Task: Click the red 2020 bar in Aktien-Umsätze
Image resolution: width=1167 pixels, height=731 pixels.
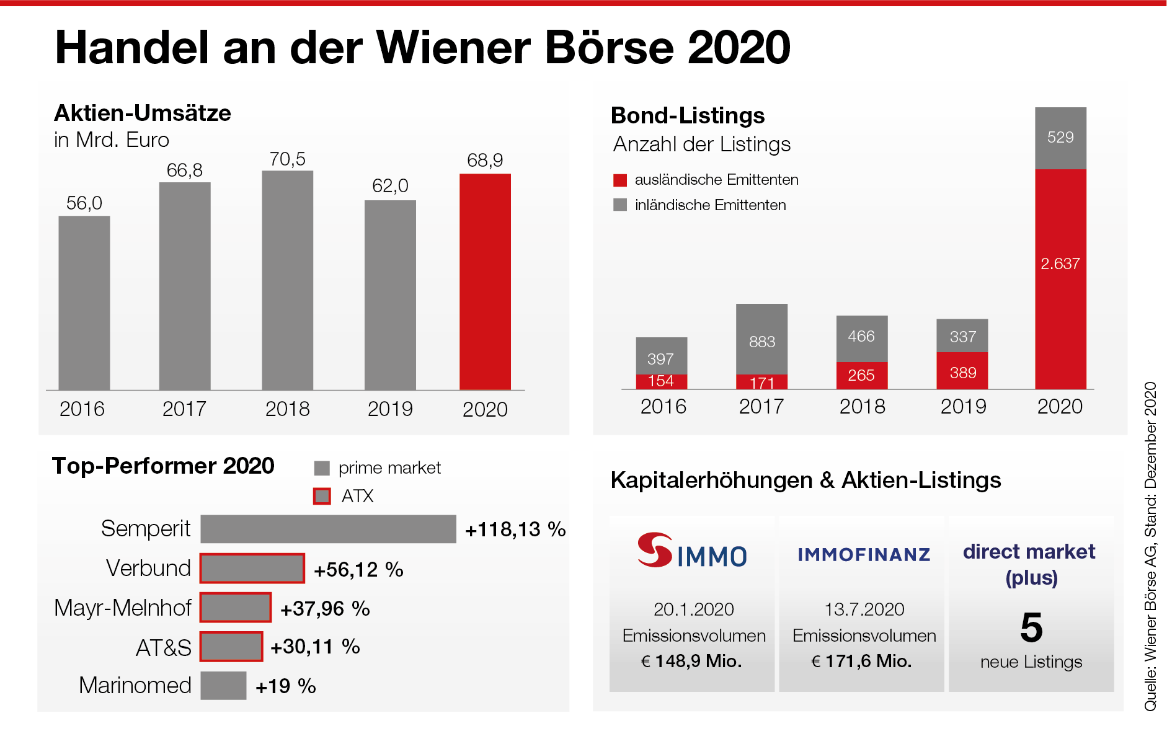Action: pos(485,281)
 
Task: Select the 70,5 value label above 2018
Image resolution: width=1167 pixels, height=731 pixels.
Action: pos(287,159)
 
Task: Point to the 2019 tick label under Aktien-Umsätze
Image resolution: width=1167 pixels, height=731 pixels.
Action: pos(390,409)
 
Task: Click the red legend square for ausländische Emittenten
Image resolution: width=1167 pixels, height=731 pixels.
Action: pos(620,180)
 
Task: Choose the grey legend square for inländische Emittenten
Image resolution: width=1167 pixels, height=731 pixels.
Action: pos(620,205)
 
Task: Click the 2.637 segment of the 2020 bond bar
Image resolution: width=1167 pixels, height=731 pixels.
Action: pos(1060,279)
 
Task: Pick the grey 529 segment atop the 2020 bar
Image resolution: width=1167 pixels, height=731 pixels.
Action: pos(1060,138)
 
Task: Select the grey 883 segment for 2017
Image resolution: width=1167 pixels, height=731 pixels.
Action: pos(761,339)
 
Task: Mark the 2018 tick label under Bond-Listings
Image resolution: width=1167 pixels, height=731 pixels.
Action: pos(862,407)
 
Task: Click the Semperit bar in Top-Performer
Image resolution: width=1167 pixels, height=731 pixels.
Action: pos(328,529)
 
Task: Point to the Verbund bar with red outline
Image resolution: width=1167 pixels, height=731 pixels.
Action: pos(252,569)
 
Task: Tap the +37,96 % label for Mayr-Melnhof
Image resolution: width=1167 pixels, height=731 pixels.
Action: pos(325,609)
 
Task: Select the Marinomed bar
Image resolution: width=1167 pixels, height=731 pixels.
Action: pos(223,686)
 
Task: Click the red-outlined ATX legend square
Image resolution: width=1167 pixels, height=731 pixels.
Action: pos(322,496)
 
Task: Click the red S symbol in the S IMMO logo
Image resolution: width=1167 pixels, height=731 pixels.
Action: pos(655,549)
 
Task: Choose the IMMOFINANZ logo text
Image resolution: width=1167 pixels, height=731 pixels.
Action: pos(864,555)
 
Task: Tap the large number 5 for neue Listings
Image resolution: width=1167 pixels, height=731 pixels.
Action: pos(1031,627)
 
